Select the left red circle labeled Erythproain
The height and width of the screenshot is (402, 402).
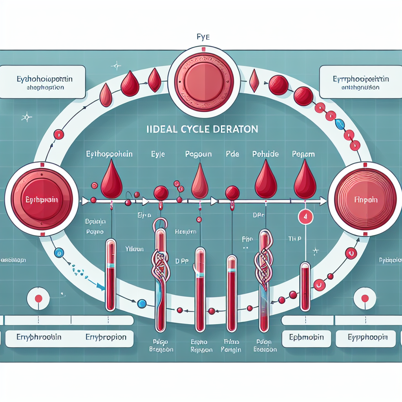tap(41, 200)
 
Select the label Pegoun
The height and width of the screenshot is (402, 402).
tap(199, 154)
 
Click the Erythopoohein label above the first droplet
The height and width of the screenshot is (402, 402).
tap(109, 154)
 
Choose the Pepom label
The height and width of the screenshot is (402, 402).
tap(303, 154)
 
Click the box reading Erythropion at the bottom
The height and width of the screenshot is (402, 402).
tap(106, 337)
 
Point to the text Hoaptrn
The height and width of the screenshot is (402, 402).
tap(185, 232)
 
